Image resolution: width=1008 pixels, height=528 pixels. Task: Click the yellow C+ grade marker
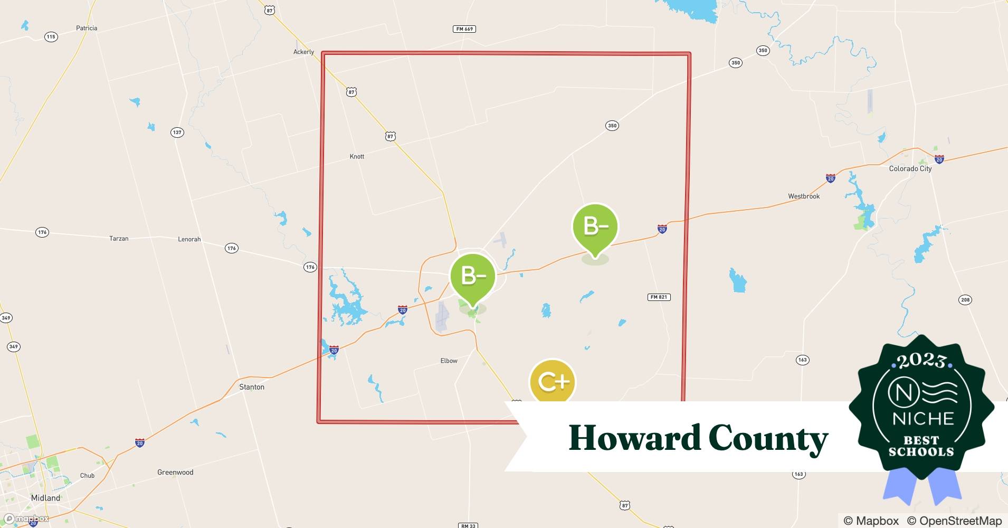point(552,381)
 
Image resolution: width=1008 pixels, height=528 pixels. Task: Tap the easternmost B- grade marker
point(595,227)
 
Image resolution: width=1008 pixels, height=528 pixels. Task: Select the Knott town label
point(357,156)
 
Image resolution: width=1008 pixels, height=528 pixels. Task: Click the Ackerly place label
point(303,52)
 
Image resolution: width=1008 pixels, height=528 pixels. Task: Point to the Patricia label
point(87,28)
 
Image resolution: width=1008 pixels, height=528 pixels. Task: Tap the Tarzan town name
point(119,239)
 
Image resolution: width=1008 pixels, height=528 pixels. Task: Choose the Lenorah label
point(189,239)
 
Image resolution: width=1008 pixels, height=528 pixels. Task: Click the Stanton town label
point(252,387)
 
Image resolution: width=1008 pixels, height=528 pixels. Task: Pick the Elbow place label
point(449,361)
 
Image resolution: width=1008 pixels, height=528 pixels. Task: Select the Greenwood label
point(175,472)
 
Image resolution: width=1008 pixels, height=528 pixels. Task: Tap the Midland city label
point(45,498)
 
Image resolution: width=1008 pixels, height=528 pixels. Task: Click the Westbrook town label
point(804,196)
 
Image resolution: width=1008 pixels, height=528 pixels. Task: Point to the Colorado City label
point(910,168)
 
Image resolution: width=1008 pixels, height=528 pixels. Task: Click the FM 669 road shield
point(464,29)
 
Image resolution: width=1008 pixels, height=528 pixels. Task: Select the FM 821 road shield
point(659,297)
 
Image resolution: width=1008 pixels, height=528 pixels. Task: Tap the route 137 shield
point(177,132)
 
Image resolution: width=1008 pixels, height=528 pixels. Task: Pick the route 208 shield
point(965,300)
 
